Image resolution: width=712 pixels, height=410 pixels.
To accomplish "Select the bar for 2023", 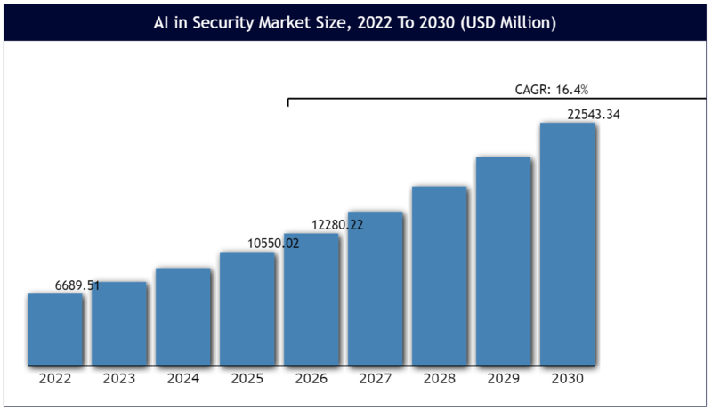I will point(119,324).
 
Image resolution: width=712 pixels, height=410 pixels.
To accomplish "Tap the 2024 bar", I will point(183,317).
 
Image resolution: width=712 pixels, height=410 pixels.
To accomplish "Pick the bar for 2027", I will point(376,289).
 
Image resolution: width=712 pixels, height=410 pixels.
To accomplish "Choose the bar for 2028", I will point(440,276).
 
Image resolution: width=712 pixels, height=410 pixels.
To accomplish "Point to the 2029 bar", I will point(504,261).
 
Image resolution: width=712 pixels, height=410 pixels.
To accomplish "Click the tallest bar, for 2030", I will point(568,245).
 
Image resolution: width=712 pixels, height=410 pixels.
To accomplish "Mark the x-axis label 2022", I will point(55,379).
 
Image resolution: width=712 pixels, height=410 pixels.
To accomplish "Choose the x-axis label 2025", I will point(247,379).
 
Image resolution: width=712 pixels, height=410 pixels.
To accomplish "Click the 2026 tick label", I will point(311,379).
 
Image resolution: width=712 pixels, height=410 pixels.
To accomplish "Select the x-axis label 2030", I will point(568,379).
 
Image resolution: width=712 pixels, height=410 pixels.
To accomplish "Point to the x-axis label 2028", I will point(440,379).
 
